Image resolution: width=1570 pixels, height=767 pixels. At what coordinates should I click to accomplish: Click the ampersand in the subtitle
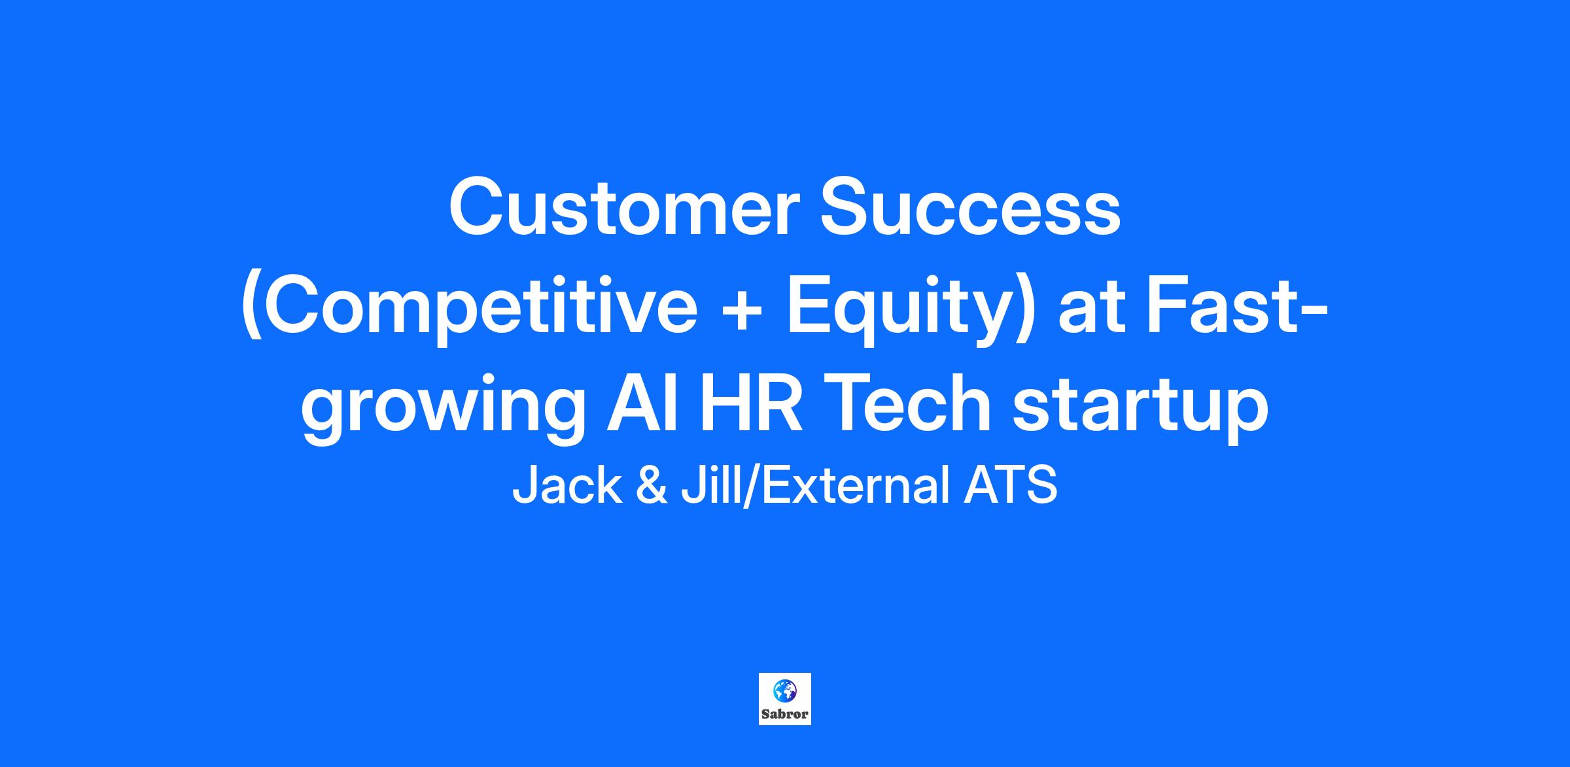(x=652, y=486)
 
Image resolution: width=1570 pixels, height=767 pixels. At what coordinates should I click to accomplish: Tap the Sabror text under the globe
(x=785, y=714)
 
